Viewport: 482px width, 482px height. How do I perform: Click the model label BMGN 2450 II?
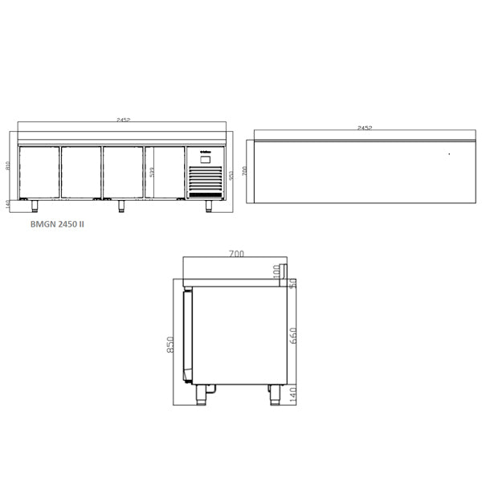coord(56,225)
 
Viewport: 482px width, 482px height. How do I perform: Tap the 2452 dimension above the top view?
coord(364,127)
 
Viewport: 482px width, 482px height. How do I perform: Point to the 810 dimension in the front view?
coord(8,166)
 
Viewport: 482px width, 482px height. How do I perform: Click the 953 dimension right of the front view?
coord(232,175)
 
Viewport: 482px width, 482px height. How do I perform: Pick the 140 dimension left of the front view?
coord(8,204)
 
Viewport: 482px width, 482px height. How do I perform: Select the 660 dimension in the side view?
coord(294,332)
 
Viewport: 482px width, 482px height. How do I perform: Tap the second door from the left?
coord(81,172)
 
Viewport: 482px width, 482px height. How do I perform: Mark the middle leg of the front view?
coord(122,205)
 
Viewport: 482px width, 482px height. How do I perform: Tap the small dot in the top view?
coord(449,153)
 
